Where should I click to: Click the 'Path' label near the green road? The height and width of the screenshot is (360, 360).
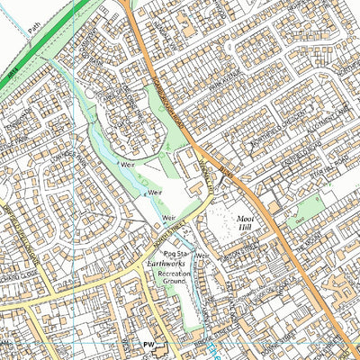point(33,40)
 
